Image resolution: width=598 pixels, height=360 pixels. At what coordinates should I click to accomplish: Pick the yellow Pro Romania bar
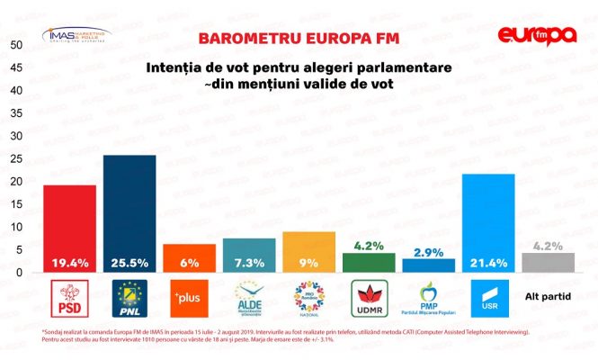tap(308, 245)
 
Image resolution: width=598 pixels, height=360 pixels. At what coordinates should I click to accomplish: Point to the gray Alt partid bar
tap(548, 262)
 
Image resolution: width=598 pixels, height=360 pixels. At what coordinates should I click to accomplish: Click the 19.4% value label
tap(69, 263)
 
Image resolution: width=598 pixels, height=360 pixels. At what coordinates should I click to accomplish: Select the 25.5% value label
tap(129, 263)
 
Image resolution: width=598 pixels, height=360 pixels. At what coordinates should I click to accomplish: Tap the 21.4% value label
tap(488, 263)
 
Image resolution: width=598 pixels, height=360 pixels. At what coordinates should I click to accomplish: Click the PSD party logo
tap(69, 296)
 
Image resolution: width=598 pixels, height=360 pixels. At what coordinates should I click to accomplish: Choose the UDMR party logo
tap(368, 296)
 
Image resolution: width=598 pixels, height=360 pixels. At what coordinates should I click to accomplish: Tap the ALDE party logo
tap(249, 296)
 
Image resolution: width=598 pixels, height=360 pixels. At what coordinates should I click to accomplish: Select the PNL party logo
tap(129, 296)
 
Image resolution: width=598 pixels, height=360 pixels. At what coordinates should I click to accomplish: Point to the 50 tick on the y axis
tap(16, 45)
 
